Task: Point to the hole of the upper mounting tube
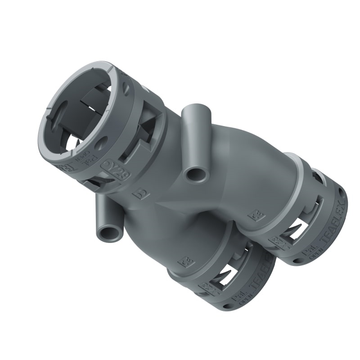tap(195, 174)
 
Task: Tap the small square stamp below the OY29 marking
tap(139, 194)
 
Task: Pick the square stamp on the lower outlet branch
tap(184, 261)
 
